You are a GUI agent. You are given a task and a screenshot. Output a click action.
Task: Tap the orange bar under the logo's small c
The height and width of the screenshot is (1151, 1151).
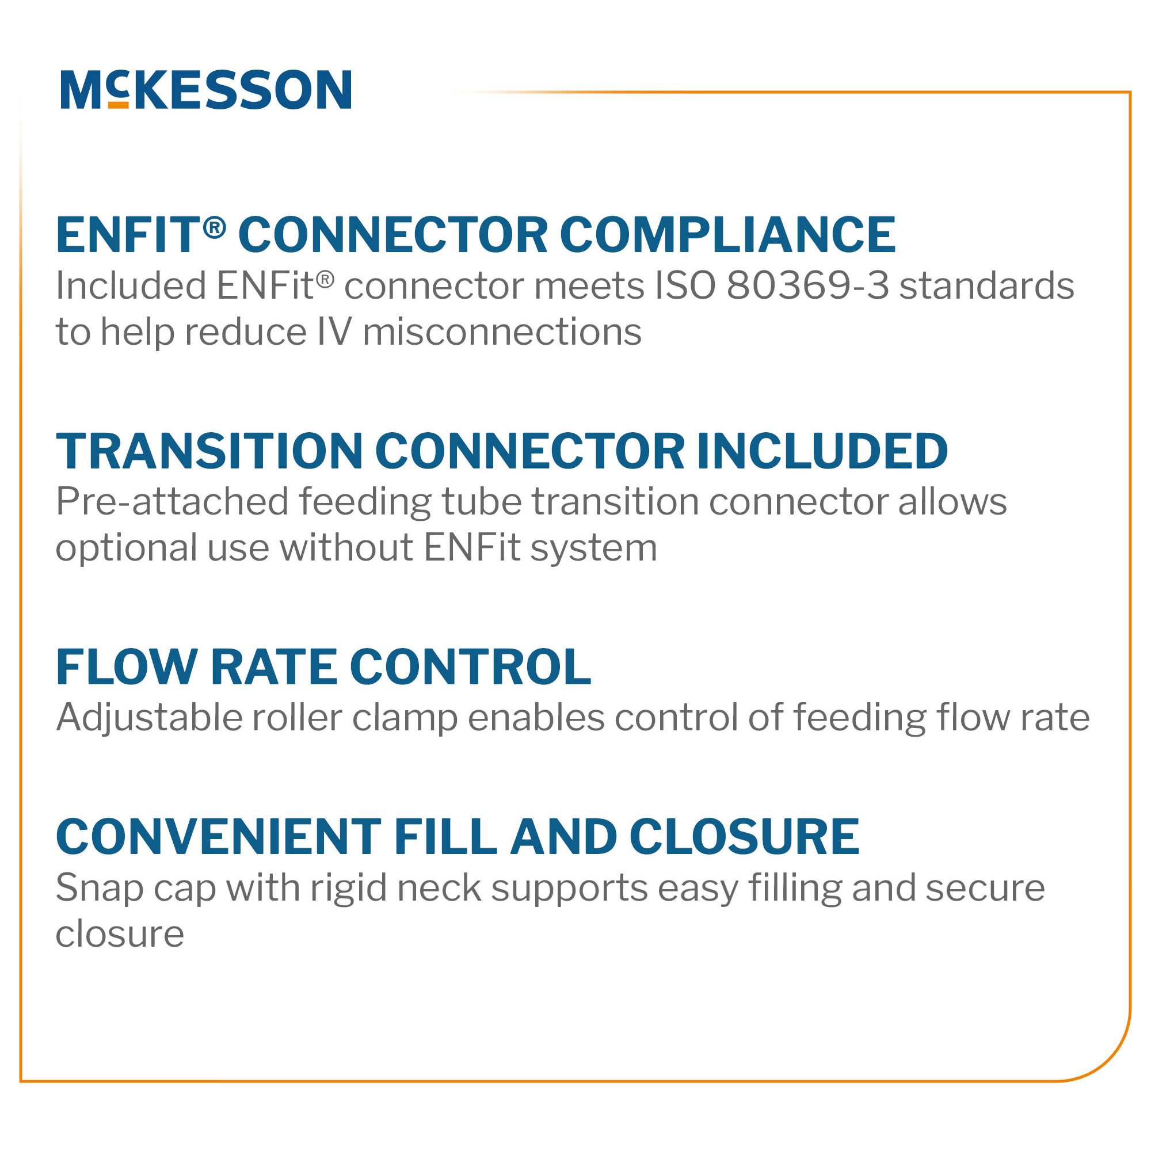point(118,105)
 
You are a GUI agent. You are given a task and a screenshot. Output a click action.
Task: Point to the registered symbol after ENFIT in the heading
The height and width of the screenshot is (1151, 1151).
point(215,227)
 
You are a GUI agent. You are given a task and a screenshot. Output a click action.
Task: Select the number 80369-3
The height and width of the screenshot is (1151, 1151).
point(807,285)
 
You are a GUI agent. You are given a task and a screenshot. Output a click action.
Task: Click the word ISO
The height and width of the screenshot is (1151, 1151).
point(684,285)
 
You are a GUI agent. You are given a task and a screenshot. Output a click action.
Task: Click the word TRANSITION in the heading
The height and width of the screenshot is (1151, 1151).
point(209,451)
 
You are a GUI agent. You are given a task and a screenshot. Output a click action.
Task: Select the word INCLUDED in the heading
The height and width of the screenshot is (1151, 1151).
point(822,451)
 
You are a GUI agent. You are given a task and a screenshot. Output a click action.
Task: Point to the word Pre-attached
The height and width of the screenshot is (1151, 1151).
point(172,502)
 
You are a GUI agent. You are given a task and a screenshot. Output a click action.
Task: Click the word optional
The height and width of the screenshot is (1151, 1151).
point(125,548)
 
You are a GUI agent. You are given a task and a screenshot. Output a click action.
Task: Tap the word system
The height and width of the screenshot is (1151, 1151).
point(593,548)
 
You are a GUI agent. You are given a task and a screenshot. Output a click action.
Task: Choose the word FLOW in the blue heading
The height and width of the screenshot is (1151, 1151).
point(126,667)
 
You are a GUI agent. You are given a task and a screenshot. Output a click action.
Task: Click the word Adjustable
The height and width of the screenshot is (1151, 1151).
point(149,717)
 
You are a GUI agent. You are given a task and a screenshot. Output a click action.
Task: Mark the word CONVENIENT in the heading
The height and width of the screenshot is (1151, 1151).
point(218,837)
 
